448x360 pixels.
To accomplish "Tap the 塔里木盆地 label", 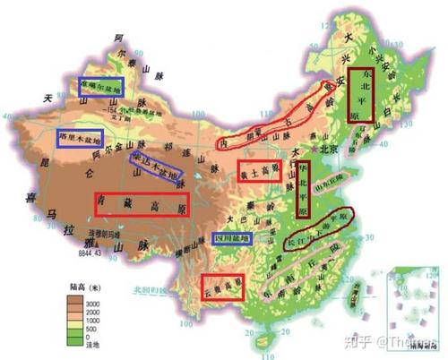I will [79, 138].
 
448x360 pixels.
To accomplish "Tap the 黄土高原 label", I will [260, 173].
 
